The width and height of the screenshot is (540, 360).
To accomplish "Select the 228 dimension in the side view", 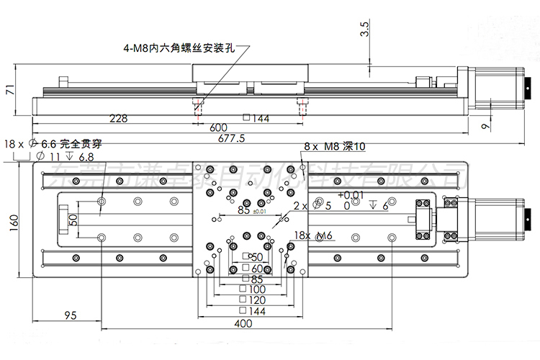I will (119, 118).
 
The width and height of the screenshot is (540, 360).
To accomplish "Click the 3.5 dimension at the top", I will (364, 29).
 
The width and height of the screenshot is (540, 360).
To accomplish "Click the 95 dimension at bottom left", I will (71, 315).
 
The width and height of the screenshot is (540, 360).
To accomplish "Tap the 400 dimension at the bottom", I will (243, 324).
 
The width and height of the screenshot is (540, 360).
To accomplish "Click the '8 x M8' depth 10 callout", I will (335, 146).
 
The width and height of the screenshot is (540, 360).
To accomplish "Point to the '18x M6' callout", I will (313, 235).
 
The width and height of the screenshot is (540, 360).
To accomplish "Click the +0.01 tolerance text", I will (350, 194).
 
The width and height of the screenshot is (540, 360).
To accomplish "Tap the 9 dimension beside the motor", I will (485, 127).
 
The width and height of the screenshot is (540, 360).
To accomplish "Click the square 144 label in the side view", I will (256, 118).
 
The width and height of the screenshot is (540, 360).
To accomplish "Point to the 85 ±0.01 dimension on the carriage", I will (248, 211).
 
